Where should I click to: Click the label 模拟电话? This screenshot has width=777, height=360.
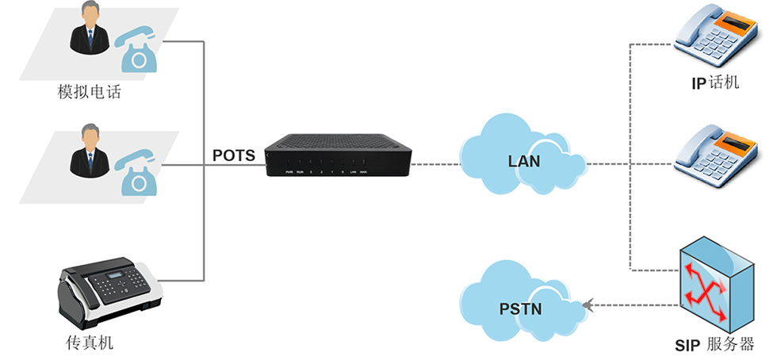point(89,93)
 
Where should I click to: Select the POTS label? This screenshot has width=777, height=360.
point(234,155)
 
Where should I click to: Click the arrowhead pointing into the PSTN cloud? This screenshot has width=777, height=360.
point(586,303)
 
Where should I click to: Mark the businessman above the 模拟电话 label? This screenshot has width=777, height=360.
point(88,31)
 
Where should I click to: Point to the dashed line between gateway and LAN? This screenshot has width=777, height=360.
point(435,165)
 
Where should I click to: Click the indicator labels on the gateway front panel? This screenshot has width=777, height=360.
point(325,171)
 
